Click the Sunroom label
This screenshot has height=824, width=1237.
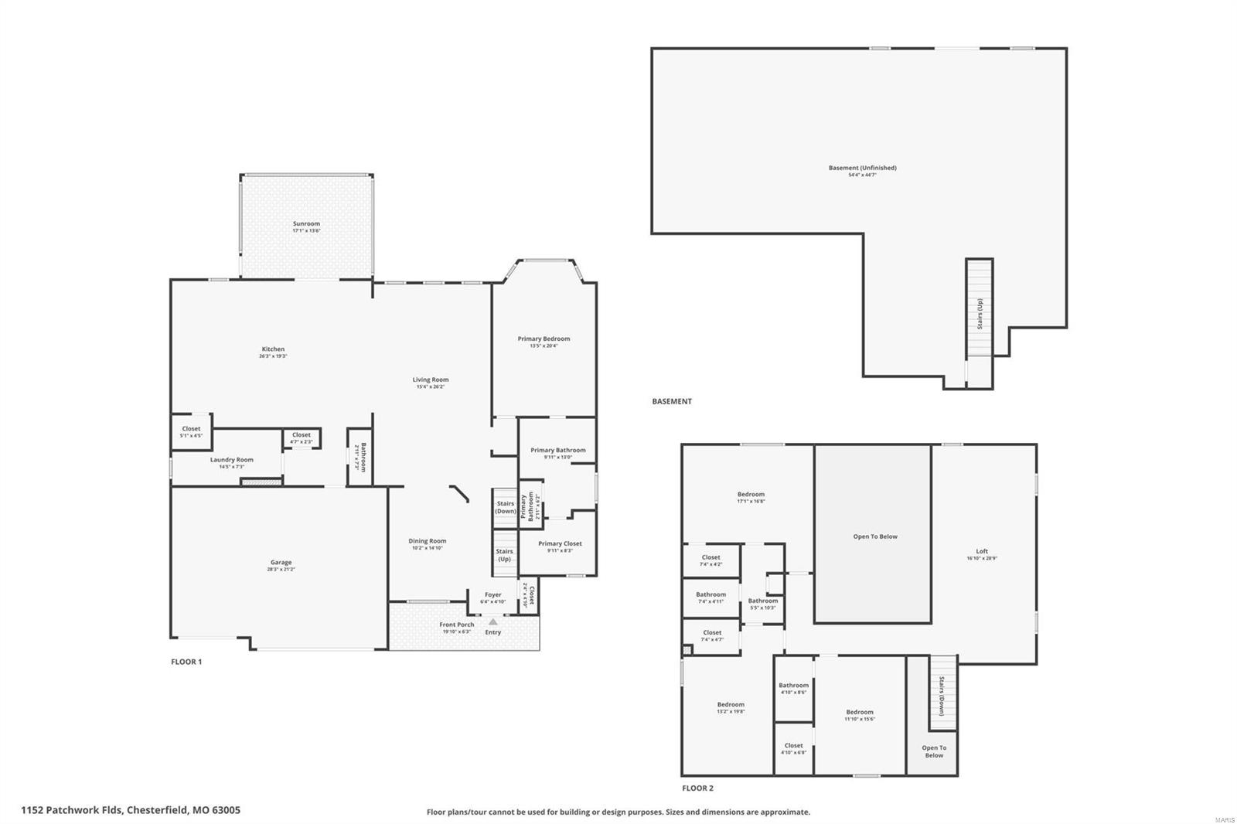coord(306,223)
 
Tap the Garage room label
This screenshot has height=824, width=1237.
coord(281,563)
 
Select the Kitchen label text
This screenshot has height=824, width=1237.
coord(273,349)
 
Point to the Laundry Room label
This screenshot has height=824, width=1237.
coord(232,460)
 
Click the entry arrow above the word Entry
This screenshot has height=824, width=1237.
coord(493,621)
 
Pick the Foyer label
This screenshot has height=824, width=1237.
coord(493,595)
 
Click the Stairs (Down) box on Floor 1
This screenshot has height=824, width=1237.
coord(506,507)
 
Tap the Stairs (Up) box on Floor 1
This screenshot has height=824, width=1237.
coord(504,554)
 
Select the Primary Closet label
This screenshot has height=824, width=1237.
coord(560,543)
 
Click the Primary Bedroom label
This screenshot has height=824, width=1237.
coord(544,339)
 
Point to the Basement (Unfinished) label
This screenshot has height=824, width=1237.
coord(862,168)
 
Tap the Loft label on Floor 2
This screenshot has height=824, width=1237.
coord(982,551)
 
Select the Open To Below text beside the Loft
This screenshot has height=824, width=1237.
coord(875,536)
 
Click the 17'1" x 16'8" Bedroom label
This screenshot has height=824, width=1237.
coord(751,495)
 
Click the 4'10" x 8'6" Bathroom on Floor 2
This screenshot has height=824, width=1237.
coord(793,686)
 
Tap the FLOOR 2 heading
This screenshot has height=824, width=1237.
coord(697,788)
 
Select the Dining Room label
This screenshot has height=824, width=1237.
coord(428,541)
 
